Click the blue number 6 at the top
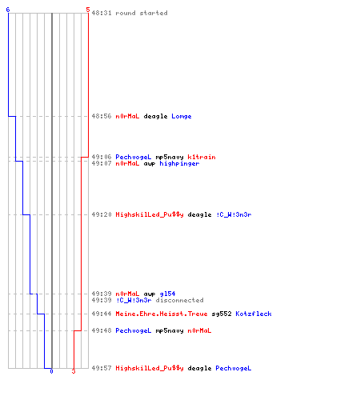click(8, 10)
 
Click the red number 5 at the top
click(88, 10)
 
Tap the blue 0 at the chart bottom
click(51, 371)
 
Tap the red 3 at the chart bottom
click(74, 371)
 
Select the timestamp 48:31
click(102, 13)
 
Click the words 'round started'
click(142, 13)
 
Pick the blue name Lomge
click(182, 116)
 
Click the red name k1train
click(202, 157)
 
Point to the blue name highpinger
click(179, 163)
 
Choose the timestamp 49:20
click(102, 214)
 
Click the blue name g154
click(167, 294)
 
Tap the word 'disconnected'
click(179, 300)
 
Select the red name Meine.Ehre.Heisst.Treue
click(162, 314)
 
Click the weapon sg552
click(222, 314)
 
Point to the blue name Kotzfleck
click(254, 314)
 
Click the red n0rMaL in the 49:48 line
click(199, 330)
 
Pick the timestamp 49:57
click(102, 368)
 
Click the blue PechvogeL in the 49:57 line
click(234, 368)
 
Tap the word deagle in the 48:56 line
click(155, 116)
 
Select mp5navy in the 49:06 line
click(170, 157)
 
